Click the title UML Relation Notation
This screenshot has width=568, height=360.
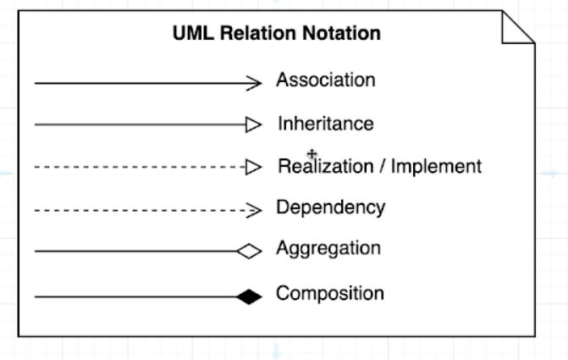coord(276,34)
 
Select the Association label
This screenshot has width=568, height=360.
coord(325,80)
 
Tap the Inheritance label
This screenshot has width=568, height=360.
coord(325,124)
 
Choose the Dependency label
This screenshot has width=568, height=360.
coord(330,208)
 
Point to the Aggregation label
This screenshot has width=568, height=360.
coord(328,249)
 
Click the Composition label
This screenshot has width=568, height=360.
coord(329,294)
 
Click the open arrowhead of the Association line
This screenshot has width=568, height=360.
coord(255,82)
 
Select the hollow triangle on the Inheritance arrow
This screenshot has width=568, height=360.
coord(253,125)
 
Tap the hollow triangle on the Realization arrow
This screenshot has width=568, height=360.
coord(253,168)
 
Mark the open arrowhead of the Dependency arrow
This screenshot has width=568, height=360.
coord(255,209)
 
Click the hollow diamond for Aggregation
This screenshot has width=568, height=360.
coord(250,251)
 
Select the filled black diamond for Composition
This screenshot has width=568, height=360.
coord(250,296)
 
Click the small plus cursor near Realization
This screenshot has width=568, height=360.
coord(312,154)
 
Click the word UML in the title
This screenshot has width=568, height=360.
coord(191,34)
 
